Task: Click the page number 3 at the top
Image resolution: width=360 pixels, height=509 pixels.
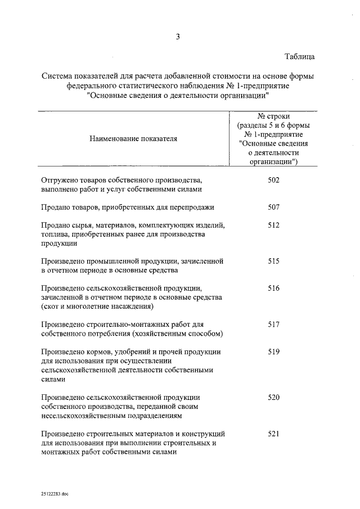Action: click(x=178, y=37)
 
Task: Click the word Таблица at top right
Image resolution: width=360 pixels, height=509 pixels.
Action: click(x=300, y=57)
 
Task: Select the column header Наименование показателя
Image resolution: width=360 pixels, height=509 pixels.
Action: click(x=133, y=138)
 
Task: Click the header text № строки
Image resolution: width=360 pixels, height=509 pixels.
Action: click(x=273, y=115)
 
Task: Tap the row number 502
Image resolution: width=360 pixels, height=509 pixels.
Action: click(x=273, y=180)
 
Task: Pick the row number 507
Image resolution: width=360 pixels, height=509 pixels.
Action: click(x=273, y=208)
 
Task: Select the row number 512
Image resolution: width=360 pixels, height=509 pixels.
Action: click(x=273, y=225)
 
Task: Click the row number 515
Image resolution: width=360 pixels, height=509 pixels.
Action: click(x=273, y=262)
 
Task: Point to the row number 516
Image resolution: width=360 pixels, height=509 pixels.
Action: click(x=273, y=288)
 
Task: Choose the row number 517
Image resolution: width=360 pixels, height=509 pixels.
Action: click(x=273, y=325)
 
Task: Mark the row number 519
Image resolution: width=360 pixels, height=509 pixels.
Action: click(x=273, y=352)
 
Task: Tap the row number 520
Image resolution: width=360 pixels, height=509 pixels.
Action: click(x=273, y=397)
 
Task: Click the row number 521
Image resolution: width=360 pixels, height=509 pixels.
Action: click(x=273, y=434)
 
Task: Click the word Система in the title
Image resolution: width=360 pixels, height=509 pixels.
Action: click(x=57, y=75)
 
